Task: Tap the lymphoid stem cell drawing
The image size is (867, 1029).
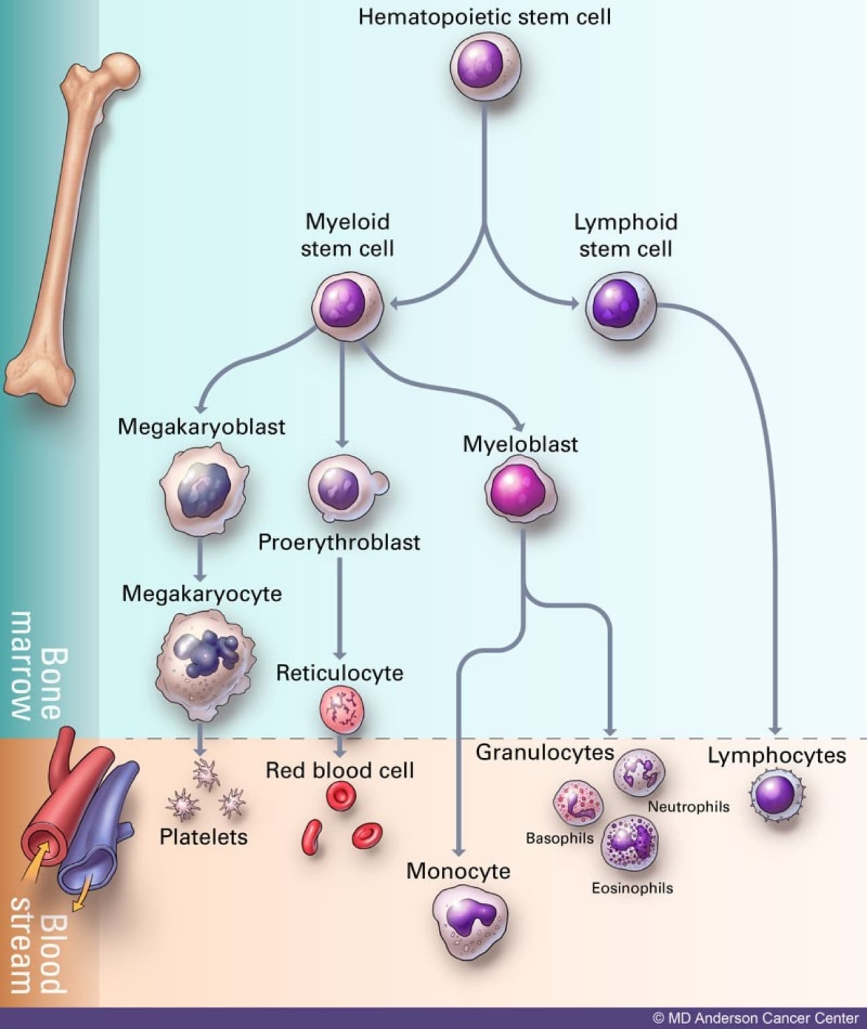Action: pyautogui.click(x=621, y=305)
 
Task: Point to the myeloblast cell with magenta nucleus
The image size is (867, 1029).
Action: pyautogui.click(x=520, y=491)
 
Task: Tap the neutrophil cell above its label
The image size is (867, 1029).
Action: pyautogui.click(x=639, y=773)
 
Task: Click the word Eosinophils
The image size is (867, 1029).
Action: pyautogui.click(x=632, y=888)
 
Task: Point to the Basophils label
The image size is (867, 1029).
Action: pyautogui.click(x=559, y=838)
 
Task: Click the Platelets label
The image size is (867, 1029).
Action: pyautogui.click(x=203, y=836)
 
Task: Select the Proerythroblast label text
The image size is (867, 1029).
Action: pyautogui.click(x=339, y=542)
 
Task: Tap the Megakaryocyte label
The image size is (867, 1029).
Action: pyautogui.click(x=201, y=593)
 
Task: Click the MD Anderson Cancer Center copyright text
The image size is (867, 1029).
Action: pyautogui.click(x=756, y=1018)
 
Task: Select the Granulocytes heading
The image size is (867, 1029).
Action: pyautogui.click(x=545, y=752)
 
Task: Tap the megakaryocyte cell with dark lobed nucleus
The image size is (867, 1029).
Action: pyautogui.click(x=205, y=659)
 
